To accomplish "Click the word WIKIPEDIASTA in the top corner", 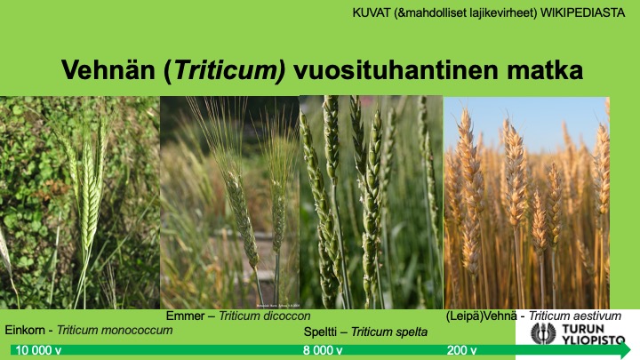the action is click(x=582, y=12).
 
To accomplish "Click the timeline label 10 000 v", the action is click(x=38, y=350).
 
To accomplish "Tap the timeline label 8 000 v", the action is click(x=323, y=350).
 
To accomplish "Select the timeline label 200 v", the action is click(x=461, y=350).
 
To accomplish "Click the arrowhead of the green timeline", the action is click(x=624, y=350).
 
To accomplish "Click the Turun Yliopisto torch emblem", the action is click(x=543, y=333).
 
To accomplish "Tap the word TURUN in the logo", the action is click(x=583, y=329).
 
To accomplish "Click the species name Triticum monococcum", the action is click(x=115, y=330).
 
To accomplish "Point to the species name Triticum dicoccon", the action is click(x=265, y=316).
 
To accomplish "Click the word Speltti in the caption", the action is click(x=320, y=332).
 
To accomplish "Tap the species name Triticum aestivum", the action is click(x=575, y=316).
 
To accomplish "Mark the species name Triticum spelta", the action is click(x=389, y=332).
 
